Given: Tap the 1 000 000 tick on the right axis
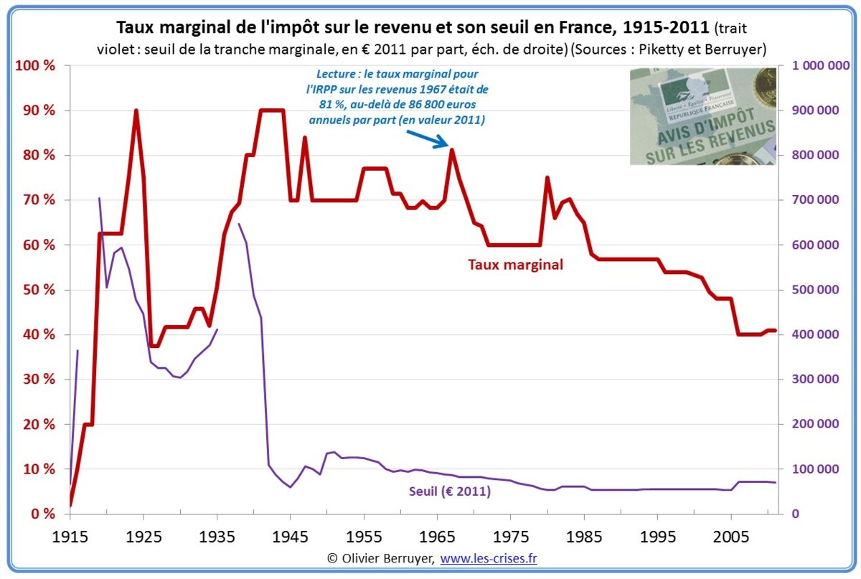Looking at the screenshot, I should [821, 66].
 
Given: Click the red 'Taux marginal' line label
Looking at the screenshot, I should [515, 264].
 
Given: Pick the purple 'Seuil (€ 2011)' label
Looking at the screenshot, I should [450, 492].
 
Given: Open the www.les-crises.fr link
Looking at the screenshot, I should [488, 557].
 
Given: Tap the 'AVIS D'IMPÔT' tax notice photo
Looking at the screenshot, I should [702, 116].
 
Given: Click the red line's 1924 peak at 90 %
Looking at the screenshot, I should [136, 110].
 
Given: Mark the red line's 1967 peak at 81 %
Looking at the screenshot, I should [451, 150].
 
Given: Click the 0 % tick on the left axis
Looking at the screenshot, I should [40, 514].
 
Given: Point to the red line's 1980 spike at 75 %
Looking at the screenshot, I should [547, 177].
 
